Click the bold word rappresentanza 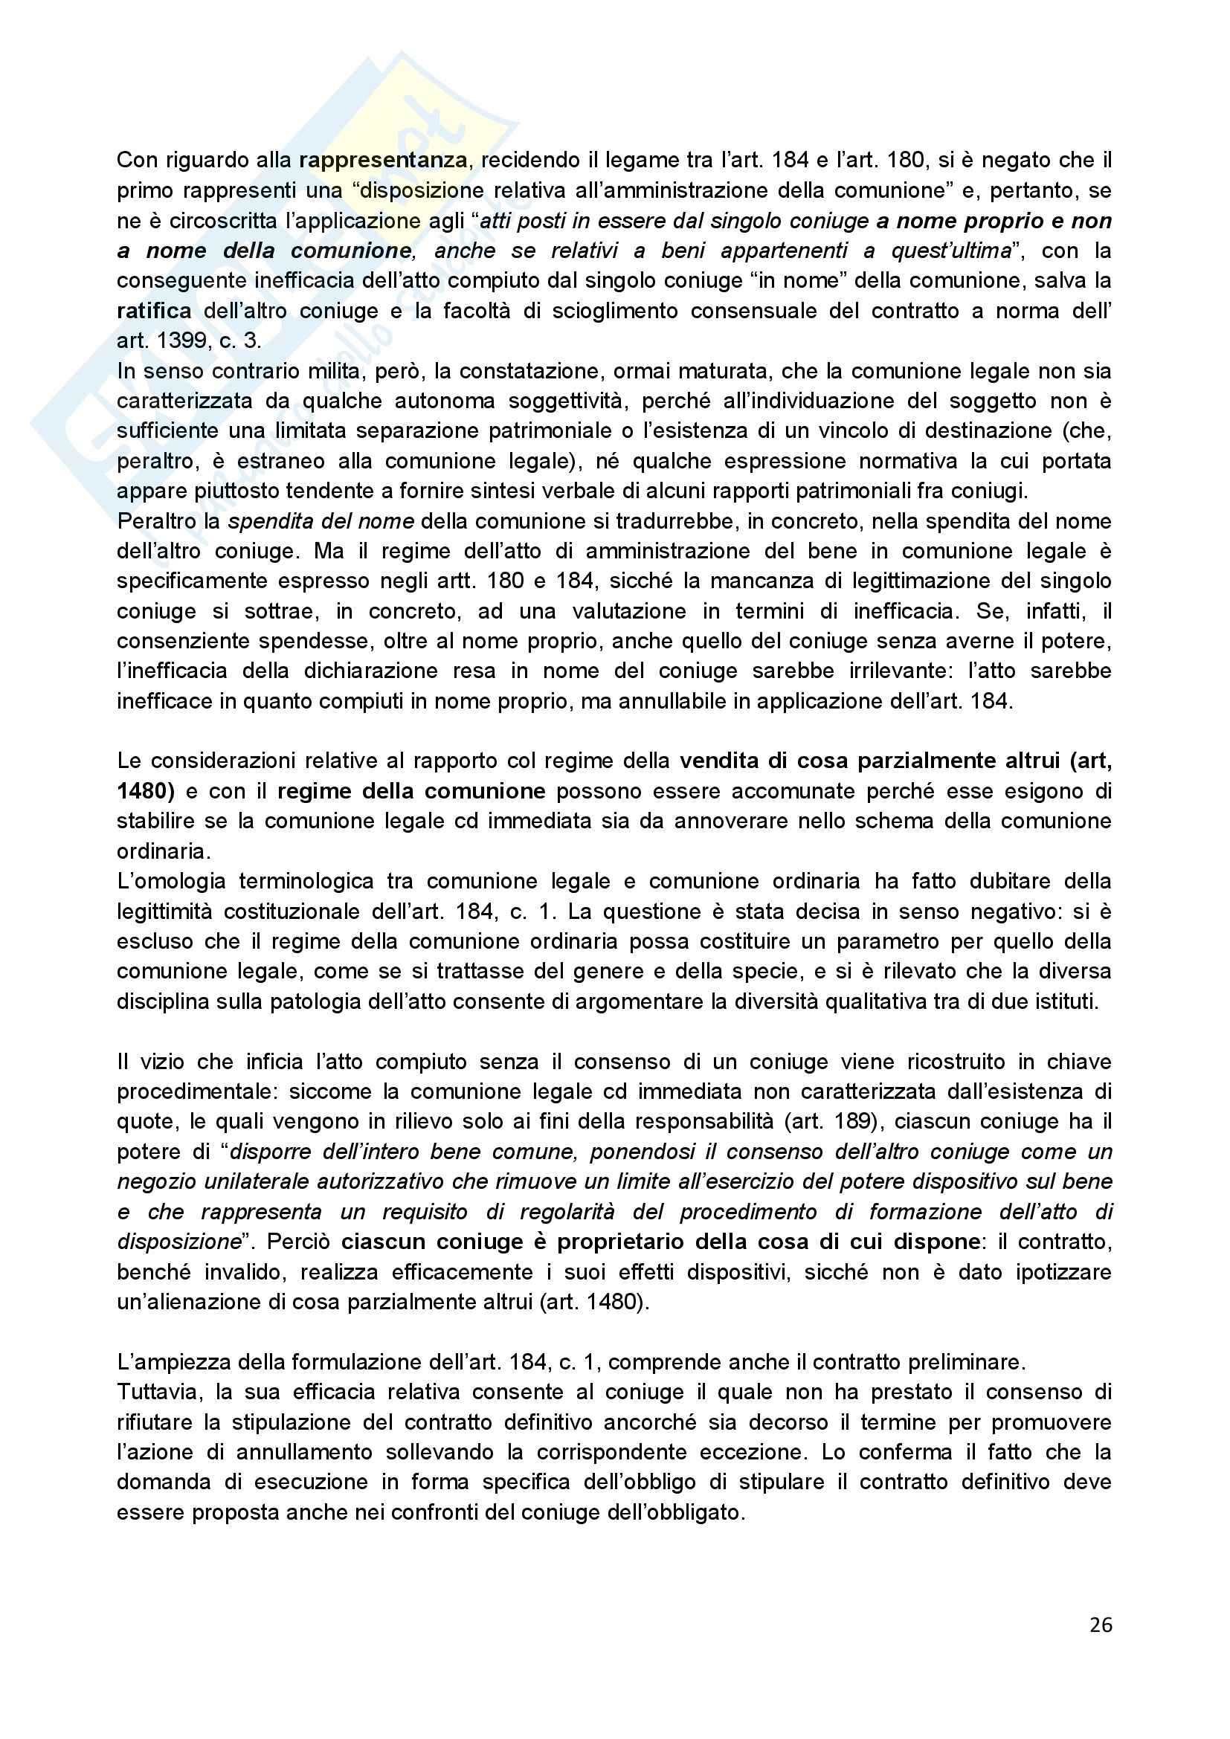pos(382,161)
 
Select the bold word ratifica pos(154,312)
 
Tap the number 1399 pos(182,341)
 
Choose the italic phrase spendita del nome pos(321,522)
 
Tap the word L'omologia pos(171,882)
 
